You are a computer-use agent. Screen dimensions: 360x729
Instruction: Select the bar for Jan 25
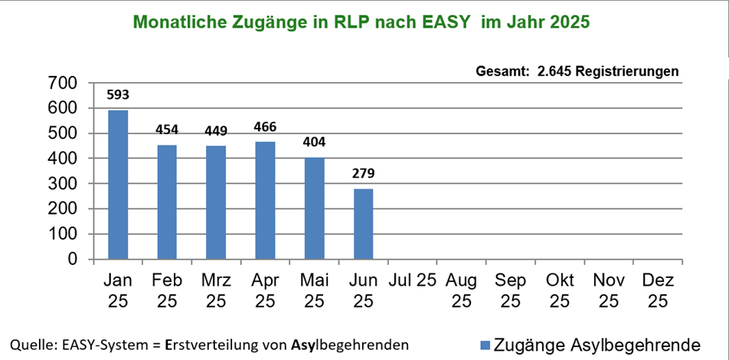(x=118, y=185)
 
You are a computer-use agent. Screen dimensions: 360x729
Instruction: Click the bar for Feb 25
(x=167, y=202)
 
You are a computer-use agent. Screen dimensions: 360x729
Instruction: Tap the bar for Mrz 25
(x=216, y=203)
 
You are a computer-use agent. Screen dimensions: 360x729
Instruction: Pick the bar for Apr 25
(x=265, y=201)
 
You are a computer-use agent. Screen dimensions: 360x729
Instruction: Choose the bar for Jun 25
(x=363, y=224)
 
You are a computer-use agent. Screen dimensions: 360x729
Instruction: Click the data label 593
(x=118, y=96)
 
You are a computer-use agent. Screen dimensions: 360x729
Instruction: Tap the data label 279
(x=363, y=174)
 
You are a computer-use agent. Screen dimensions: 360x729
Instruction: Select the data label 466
(x=265, y=127)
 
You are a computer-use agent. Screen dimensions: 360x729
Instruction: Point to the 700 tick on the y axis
(x=64, y=83)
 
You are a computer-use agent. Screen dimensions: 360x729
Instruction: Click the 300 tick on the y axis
(x=64, y=184)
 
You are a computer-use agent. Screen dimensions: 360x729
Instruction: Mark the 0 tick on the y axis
(x=74, y=260)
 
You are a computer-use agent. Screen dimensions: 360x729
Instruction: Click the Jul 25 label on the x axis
(x=413, y=280)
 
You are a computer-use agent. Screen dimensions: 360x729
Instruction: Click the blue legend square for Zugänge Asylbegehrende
(x=484, y=344)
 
